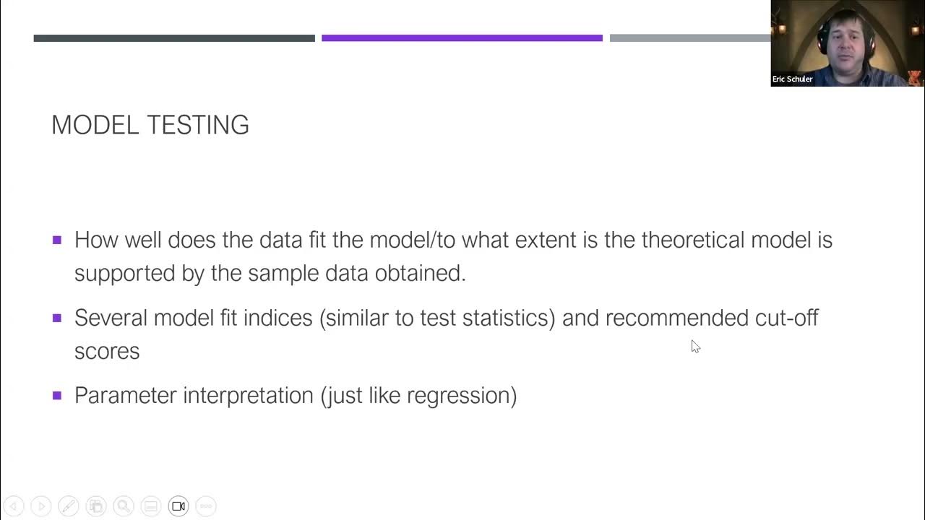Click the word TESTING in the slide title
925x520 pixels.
click(199, 125)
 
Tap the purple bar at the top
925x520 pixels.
click(462, 38)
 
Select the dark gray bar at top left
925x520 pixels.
click(174, 38)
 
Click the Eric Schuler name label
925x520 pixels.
click(792, 79)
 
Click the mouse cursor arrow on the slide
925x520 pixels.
click(694, 346)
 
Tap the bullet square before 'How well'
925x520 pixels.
click(57, 240)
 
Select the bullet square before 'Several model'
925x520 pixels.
click(57, 318)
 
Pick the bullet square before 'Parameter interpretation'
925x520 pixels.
click(57, 395)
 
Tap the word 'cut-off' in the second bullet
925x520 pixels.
click(786, 318)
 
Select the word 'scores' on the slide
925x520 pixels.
click(107, 352)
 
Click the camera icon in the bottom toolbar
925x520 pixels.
click(178, 506)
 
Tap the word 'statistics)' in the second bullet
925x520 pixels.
click(509, 318)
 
